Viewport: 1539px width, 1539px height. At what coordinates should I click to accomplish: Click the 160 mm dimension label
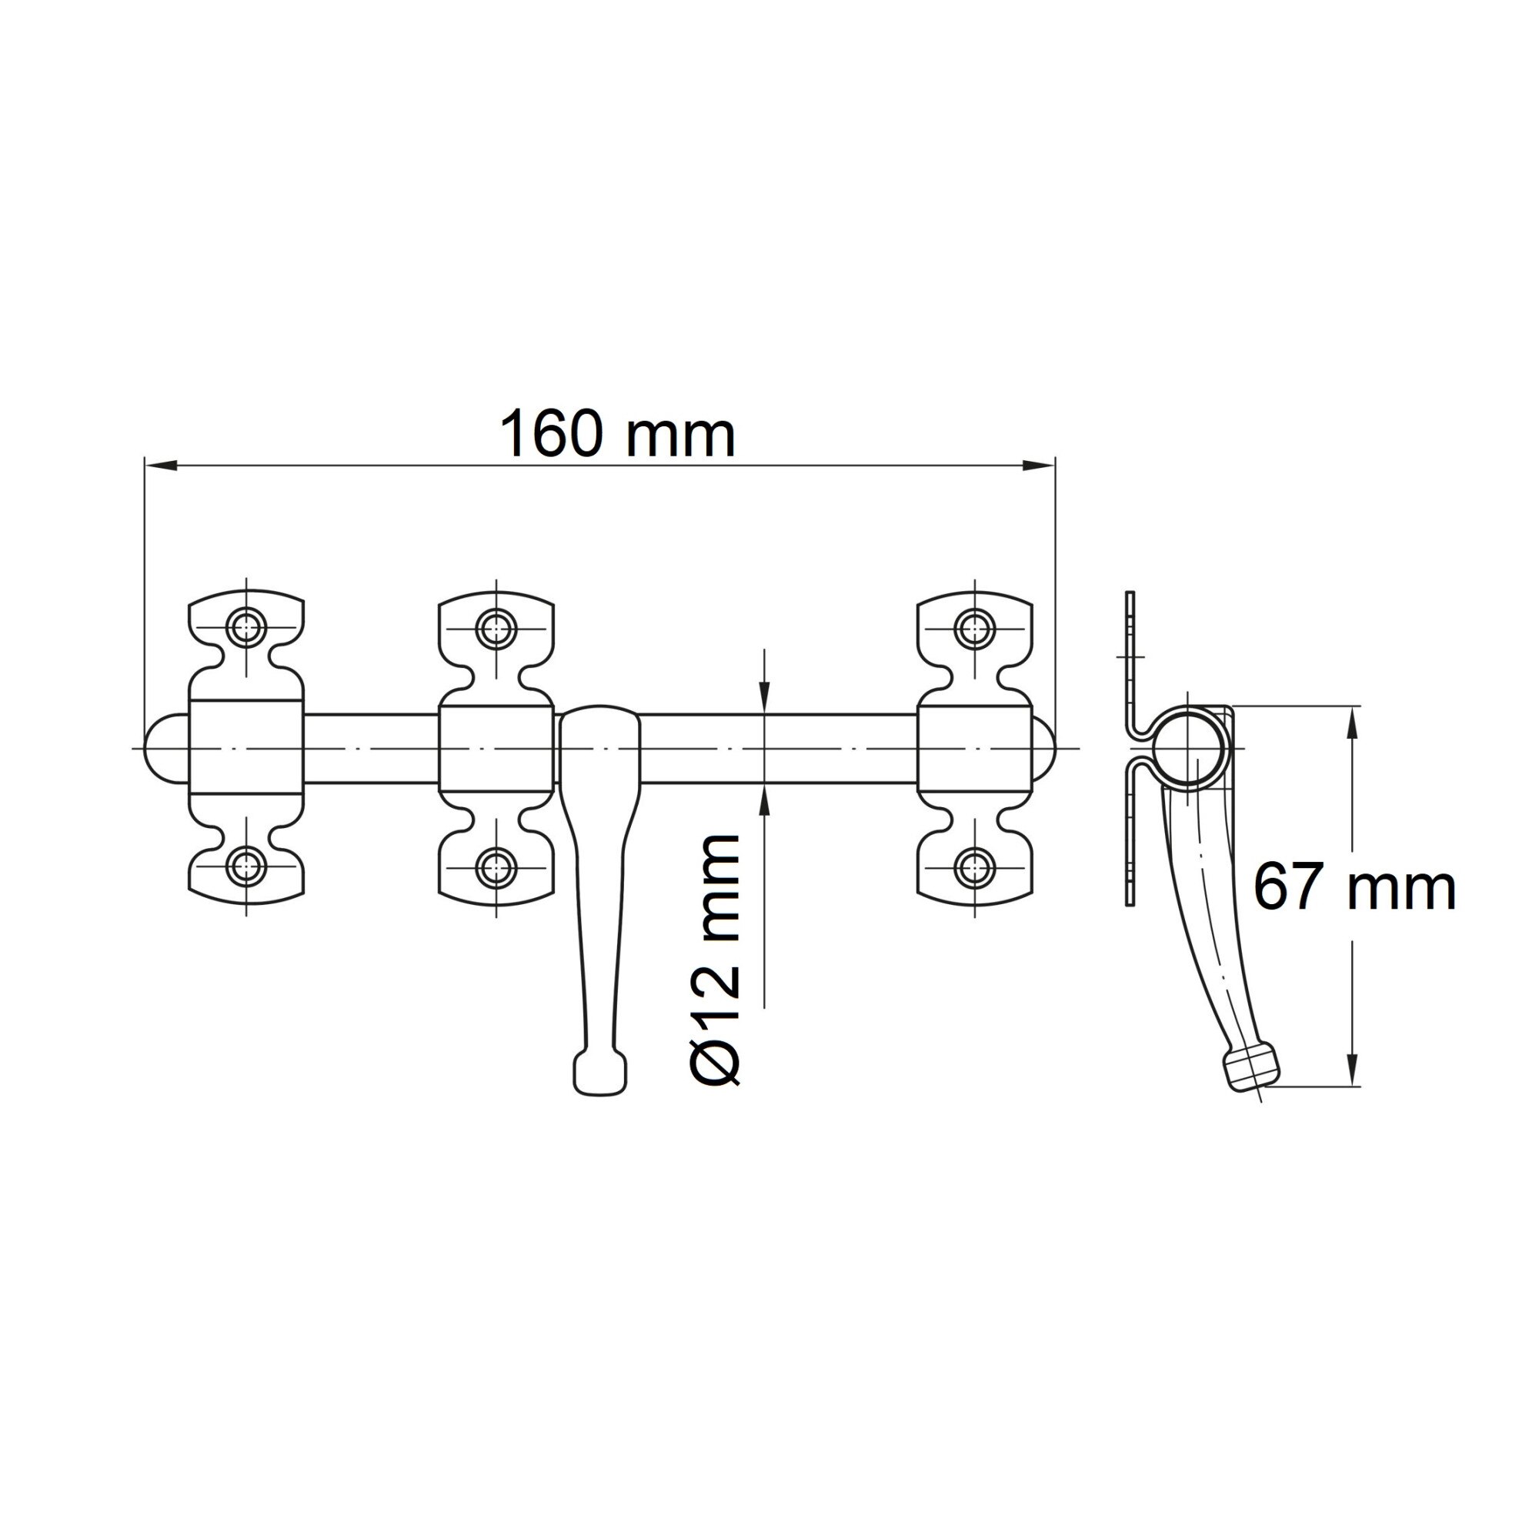click(x=616, y=434)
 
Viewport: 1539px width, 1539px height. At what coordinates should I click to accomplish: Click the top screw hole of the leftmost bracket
click(x=246, y=628)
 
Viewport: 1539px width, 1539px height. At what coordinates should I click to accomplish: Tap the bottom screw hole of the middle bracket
click(x=496, y=866)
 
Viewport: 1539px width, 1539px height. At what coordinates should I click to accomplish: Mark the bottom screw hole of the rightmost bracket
click(x=974, y=866)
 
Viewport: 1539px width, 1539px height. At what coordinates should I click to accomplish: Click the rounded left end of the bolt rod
click(x=163, y=749)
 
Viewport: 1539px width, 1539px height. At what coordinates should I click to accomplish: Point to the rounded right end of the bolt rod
click(x=1044, y=749)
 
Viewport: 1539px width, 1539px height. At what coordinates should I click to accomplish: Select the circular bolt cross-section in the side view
click(x=1187, y=748)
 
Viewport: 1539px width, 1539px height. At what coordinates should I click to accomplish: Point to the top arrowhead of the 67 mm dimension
click(x=1353, y=721)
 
